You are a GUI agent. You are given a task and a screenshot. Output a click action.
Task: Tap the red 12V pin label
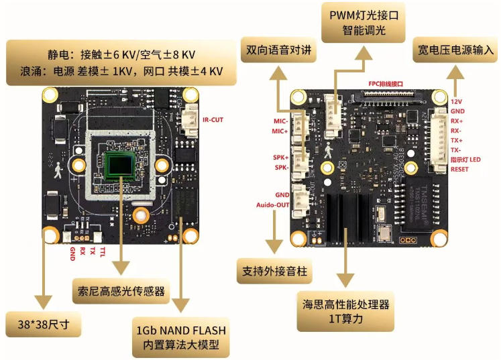coord(456,100)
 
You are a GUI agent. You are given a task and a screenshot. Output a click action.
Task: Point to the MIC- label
coord(280,121)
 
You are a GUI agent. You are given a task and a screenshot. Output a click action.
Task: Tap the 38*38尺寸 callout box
coord(44,325)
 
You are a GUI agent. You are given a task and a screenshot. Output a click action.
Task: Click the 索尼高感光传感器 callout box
coord(121,292)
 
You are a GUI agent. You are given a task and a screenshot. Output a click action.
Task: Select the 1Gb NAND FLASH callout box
coord(181,339)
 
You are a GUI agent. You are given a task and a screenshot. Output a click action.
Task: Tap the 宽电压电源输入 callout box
coord(456,50)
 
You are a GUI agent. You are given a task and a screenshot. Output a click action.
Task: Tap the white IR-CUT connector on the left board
coord(190,120)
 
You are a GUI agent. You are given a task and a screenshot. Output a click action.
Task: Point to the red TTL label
coord(102,251)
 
